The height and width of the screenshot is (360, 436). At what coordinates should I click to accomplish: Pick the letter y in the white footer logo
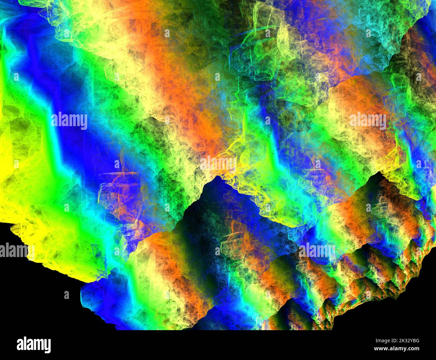[x=47, y=346]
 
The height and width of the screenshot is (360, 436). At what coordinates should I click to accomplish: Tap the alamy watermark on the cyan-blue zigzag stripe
[x=69, y=121]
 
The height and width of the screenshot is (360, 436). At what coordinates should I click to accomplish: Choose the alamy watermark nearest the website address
[x=317, y=250]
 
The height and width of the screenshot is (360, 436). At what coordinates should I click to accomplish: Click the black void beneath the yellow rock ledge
[x=34, y=302]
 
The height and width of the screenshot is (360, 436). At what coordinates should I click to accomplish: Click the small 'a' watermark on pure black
[x=66, y=295]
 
